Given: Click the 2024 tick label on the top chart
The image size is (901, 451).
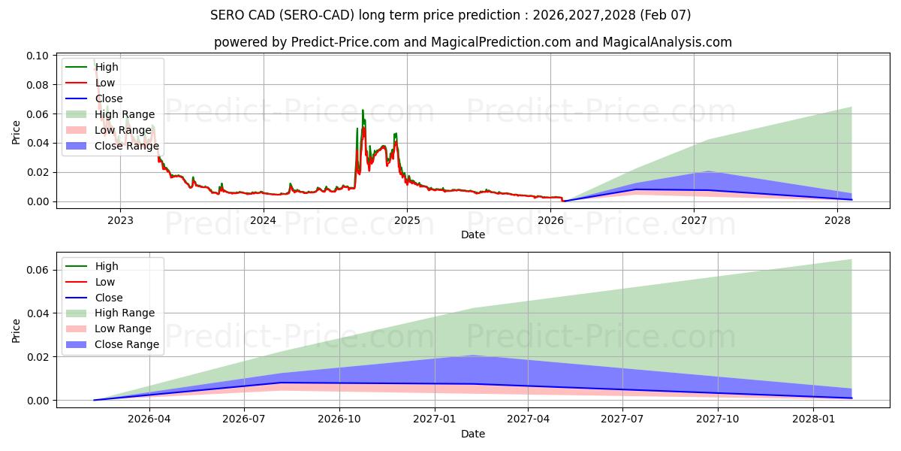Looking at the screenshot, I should tap(264, 221).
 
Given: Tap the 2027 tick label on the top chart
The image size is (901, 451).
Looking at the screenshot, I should tap(694, 221).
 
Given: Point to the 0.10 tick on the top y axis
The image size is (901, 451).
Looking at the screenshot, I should tap(38, 56).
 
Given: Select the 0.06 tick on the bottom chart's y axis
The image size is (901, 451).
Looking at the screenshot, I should tap(38, 270).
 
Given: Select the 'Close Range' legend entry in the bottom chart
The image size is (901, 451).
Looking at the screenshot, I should tap(126, 344).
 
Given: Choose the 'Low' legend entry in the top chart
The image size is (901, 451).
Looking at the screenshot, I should tap(105, 83).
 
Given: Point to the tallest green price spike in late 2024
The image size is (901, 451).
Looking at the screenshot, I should tap(363, 110).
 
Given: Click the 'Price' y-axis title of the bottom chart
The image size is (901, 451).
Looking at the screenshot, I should tap(17, 330).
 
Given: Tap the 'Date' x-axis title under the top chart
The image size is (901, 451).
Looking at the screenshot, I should tap(473, 235).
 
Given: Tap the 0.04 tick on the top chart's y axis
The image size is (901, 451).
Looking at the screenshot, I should tap(38, 143).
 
